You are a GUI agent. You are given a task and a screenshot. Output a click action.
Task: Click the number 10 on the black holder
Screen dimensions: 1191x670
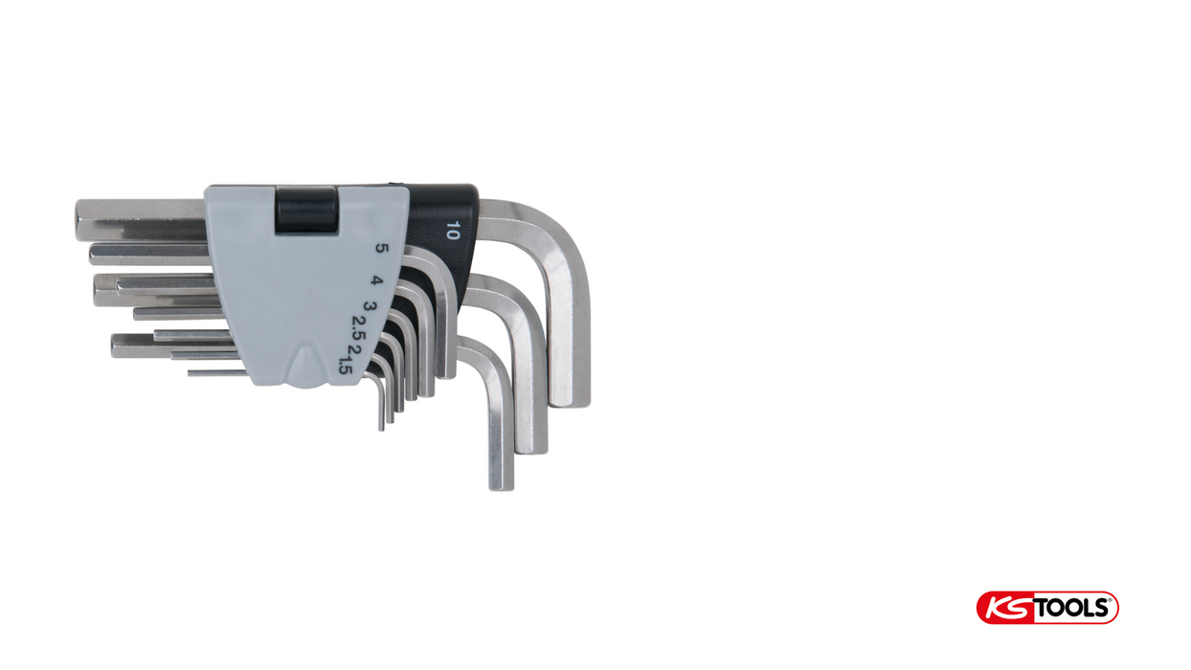click(453, 231)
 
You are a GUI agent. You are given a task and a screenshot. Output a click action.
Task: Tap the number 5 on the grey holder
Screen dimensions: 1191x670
click(382, 248)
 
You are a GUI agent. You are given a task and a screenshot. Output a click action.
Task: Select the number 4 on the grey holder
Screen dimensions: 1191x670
click(376, 280)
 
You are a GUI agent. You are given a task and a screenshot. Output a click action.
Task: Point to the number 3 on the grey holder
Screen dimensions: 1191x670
click(370, 307)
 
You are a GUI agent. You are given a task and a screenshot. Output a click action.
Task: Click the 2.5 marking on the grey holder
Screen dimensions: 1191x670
click(359, 327)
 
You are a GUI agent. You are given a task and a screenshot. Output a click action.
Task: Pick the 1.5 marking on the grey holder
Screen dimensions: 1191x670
click(346, 366)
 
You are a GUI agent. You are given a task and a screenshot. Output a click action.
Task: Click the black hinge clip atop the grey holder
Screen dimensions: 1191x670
click(305, 209)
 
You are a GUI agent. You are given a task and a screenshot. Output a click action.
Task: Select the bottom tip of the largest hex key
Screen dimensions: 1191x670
click(570, 404)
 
